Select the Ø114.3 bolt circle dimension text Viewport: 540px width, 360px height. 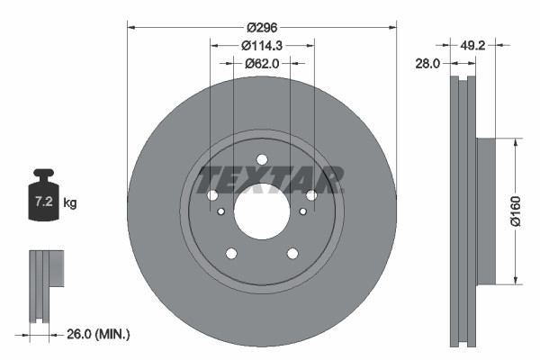click(x=262, y=47)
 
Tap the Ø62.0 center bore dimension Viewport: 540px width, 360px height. click(x=262, y=64)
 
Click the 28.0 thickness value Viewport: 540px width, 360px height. click(x=427, y=64)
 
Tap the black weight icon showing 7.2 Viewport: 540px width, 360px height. click(x=43, y=197)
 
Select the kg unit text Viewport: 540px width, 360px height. click(x=71, y=203)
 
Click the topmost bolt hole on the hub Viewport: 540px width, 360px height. click(x=262, y=160)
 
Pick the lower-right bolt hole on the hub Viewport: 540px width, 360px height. click(x=292, y=253)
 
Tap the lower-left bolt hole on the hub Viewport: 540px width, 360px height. click(x=231, y=253)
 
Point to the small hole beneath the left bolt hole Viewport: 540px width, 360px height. click(x=221, y=211)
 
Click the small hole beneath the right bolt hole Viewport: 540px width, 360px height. click(x=303, y=211)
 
